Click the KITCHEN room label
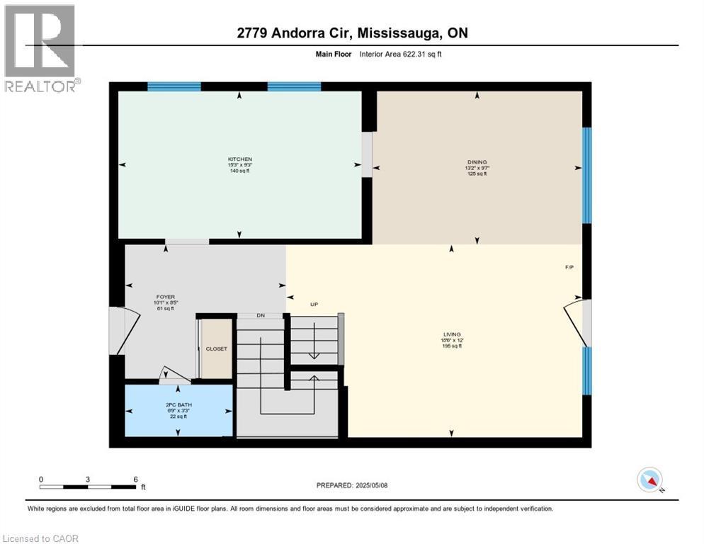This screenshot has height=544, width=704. pyautogui.click(x=239, y=159)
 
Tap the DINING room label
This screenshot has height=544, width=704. pyautogui.click(x=477, y=162)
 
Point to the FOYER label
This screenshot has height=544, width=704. pyautogui.click(x=165, y=297)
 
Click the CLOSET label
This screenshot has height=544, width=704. pyautogui.click(x=216, y=349)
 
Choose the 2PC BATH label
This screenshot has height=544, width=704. pyautogui.click(x=174, y=404)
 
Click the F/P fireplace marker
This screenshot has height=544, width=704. pyautogui.click(x=569, y=268)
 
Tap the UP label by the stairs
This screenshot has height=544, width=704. pyautogui.click(x=314, y=305)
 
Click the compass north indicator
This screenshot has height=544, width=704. pyautogui.click(x=649, y=480)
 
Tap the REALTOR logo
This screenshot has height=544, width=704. pyautogui.click(x=41, y=48)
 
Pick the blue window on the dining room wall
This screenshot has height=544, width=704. pyautogui.click(x=586, y=175)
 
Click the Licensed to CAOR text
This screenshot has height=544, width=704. pyautogui.click(x=40, y=538)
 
